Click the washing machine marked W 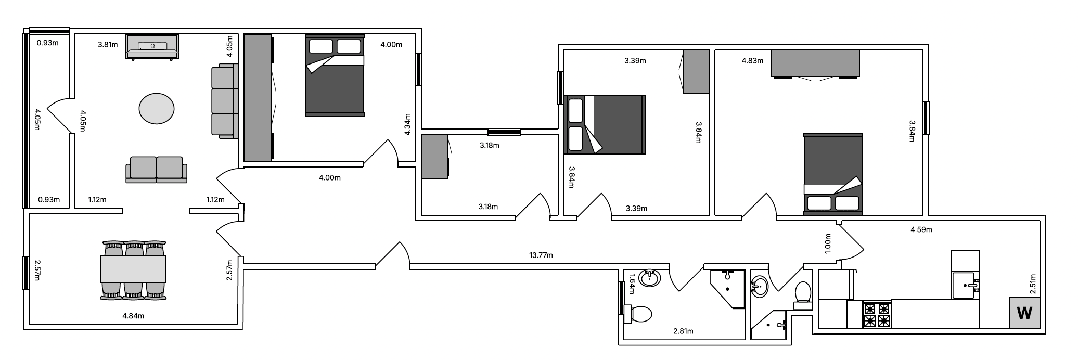click(x=1024, y=313)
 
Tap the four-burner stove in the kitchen click(x=877, y=315)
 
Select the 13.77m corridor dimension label click(x=541, y=255)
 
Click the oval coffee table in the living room click(x=157, y=108)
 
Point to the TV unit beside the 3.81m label click(x=152, y=47)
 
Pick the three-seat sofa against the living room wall click(x=224, y=101)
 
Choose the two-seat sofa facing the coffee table click(x=156, y=170)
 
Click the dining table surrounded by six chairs click(x=133, y=269)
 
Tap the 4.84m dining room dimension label click(x=133, y=316)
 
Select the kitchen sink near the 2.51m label click(x=966, y=286)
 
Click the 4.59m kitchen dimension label click(x=921, y=229)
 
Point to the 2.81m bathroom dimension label click(x=683, y=331)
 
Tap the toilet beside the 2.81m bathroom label click(x=638, y=314)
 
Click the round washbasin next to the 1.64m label click(x=649, y=278)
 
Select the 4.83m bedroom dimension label click(x=752, y=61)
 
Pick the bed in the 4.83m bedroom click(x=833, y=174)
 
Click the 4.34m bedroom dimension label click(x=407, y=124)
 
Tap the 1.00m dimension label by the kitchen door click(x=828, y=243)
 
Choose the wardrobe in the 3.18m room click(x=435, y=157)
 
